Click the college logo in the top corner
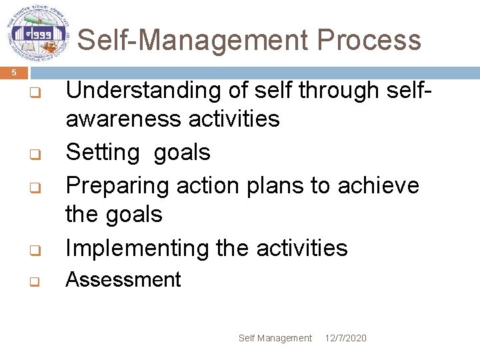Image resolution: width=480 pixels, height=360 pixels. coord(37,34)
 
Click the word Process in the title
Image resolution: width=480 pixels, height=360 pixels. coord(369,40)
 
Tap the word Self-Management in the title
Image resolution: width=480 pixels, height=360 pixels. coord(194,40)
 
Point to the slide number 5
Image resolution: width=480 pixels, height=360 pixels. coord(15,72)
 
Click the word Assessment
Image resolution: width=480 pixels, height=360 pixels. coord(123,279)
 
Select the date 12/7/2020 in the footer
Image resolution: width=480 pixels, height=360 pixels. coord(346,338)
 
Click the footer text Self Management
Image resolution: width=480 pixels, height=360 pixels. coord(275,338)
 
